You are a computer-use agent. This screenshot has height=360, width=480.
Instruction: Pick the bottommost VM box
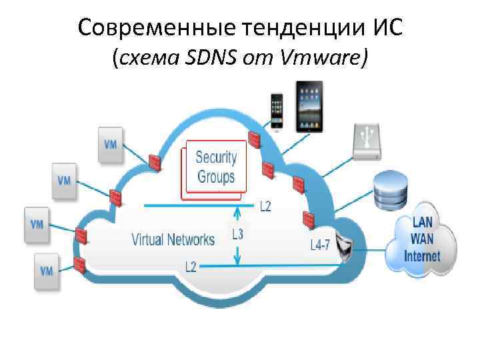(x=47, y=271)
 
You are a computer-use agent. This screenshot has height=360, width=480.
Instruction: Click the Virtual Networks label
(x=173, y=239)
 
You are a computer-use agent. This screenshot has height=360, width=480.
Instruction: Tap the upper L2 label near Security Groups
(x=265, y=207)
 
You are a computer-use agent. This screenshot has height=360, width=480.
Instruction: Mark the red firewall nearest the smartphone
(x=254, y=139)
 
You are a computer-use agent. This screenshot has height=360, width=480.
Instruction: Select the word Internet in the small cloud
(x=422, y=256)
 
